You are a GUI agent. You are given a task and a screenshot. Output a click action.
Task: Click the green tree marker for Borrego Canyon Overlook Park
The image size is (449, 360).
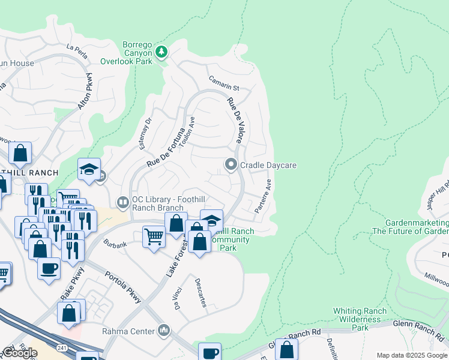[161, 52]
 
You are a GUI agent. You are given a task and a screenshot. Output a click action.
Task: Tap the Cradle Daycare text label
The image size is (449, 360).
[268, 165]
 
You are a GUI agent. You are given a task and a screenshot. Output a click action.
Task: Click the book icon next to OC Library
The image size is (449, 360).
[122, 203]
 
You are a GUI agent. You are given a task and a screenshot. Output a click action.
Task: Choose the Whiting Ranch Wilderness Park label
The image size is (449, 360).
[360, 319]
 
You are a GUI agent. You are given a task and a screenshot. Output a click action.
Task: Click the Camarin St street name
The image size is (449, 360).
[223, 83]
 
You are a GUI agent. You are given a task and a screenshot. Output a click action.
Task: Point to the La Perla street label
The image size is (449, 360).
[77, 52]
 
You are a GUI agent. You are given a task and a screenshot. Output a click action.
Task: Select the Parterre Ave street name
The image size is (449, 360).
[263, 196]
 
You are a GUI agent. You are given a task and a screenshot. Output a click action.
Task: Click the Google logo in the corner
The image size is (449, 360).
[19, 353]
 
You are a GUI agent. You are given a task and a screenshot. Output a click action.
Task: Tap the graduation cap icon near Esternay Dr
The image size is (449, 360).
[88, 169]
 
